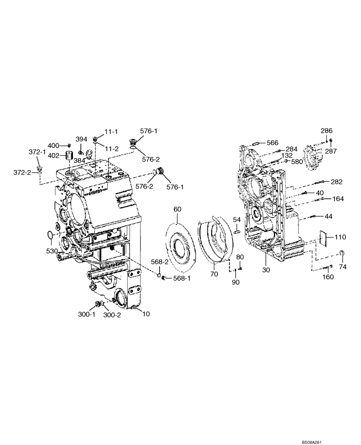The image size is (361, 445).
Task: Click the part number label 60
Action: click(177, 209)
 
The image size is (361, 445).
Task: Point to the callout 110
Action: click(340, 237)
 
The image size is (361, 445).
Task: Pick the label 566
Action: click(273, 143)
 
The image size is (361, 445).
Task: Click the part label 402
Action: click(53, 155)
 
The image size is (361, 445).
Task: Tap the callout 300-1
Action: click(87, 314)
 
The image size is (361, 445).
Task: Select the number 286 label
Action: click(327, 130)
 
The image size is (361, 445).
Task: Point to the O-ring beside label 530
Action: click(51, 235)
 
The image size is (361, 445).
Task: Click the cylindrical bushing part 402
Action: click(69, 156)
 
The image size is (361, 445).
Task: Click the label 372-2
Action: click(22, 172)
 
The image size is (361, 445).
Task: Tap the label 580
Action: click(297, 162)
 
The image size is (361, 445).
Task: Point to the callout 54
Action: click(237, 220)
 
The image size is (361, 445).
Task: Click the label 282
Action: click(337, 182)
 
